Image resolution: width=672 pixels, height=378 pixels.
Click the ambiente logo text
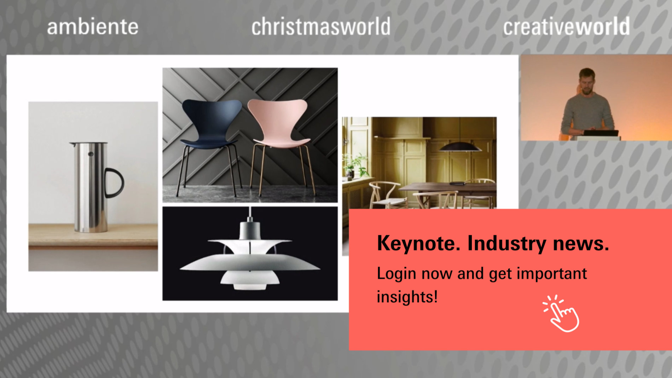pos(93,27)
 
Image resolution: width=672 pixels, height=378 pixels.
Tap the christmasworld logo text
pos(321,27)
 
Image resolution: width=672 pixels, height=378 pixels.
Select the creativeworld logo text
pos(566,27)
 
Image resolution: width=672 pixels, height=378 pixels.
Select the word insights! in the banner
pos(407,297)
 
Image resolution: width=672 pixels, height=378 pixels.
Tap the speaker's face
pos(587,82)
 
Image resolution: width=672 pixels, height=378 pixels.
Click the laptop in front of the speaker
pos(601,133)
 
